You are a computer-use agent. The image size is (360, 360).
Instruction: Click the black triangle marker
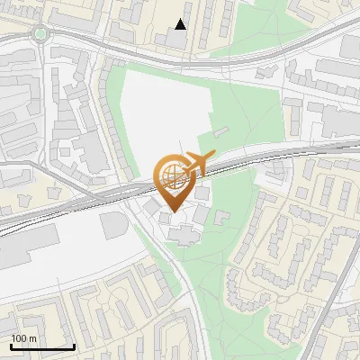click(x=181, y=24)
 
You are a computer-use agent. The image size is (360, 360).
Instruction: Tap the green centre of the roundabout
click(x=40, y=34)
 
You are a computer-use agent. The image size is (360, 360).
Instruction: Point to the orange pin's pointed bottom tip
click(x=172, y=210)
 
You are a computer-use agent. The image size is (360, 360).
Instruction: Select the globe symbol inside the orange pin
click(x=171, y=174)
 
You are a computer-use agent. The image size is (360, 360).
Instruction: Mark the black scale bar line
click(x=41, y=346)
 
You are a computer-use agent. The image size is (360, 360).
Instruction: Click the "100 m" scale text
click(x=24, y=338)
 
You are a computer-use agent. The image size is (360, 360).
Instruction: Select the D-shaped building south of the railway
click(x=114, y=225)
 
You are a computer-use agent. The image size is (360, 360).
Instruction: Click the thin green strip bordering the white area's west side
click(x=114, y=99)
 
